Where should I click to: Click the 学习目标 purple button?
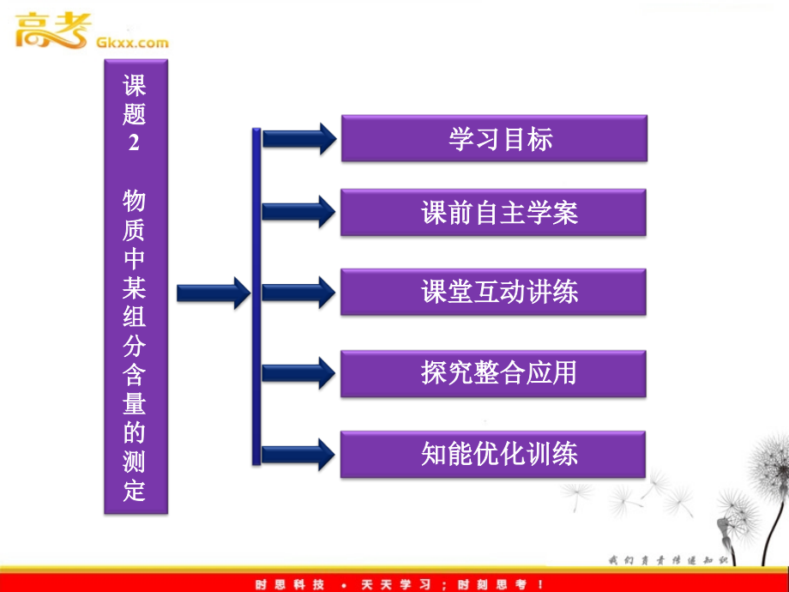(x=493, y=138)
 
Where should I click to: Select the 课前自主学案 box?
(x=493, y=212)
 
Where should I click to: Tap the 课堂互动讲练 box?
(x=493, y=292)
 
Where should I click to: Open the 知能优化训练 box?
(x=493, y=453)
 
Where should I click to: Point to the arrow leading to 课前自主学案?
(x=298, y=212)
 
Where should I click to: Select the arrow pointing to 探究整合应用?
(x=298, y=372)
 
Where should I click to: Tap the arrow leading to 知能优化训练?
(x=298, y=453)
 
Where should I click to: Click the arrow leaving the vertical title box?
(x=212, y=293)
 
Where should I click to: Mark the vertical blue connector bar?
(x=256, y=296)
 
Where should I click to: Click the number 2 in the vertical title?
(x=134, y=143)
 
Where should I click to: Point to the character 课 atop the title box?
(x=135, y=86)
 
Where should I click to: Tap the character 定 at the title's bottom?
(x=135, y=492)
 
